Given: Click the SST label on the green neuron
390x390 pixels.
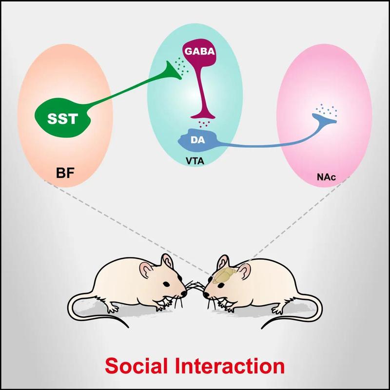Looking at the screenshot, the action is coord(63,118).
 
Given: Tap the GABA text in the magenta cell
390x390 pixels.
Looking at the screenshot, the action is coord(200,51).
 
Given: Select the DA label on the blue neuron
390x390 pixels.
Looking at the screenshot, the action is coord(198,140).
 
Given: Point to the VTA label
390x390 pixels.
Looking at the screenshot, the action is coord(195,161).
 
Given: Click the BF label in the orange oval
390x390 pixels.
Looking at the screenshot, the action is coord(65,173).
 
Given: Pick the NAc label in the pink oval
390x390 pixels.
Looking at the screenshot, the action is coord(326,177).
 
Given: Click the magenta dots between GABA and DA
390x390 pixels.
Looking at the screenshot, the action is coord(204,124).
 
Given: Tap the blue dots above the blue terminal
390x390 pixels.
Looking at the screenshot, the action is coord(326,109).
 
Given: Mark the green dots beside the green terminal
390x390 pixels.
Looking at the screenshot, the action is coord(181,66).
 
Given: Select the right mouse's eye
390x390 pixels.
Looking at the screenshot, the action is coord(221,285).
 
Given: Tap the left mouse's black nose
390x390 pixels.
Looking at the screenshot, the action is coord(184,293).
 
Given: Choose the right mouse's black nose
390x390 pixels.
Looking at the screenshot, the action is coord(206,295).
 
